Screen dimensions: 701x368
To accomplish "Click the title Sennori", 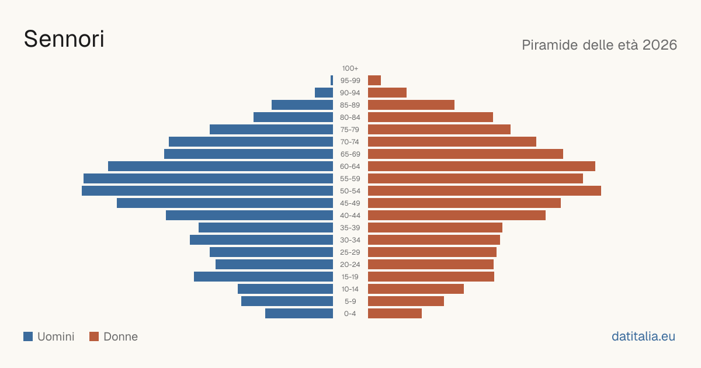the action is [x=64, y=39].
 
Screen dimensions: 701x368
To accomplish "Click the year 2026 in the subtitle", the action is [x=660, y=45].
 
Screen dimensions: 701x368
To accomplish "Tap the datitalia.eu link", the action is [x=643, y=336].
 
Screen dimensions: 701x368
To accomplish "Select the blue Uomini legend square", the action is [x=28, y=336].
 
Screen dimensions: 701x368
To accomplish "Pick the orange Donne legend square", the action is [x=94, y=336].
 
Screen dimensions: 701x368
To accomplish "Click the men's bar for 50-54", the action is [x=207, y=191].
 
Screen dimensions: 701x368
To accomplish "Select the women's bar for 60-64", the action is [x=481, y=166].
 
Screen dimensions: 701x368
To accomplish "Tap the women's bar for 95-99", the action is [x=374, y=81].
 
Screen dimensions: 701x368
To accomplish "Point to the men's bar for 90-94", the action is [x=324, y=93].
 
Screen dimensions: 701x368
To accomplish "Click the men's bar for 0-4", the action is [x=299, y=314].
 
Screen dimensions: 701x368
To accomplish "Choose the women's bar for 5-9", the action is [x=406, y=301].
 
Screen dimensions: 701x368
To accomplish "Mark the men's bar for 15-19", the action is [x=263, y=277].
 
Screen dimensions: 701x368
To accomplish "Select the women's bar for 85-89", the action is [x=411, y=105].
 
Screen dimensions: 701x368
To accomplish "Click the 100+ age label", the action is [x=350, y=68].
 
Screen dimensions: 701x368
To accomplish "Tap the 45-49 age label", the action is [x=350, y=203].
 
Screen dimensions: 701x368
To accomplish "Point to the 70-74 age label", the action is [x=350, y=142].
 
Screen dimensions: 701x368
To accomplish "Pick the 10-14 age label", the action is [x=350, y=289].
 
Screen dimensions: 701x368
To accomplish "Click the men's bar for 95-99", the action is [x=332, y=81].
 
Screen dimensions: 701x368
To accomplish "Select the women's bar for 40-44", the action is [x=457, y=216].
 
